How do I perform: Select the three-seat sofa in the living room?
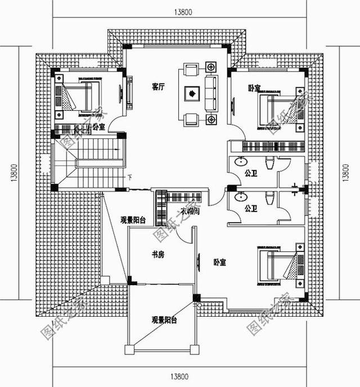[211, 93]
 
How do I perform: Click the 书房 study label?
[158, 255]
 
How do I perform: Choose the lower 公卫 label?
[251, 209]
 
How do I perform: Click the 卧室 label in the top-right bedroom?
[254, 88]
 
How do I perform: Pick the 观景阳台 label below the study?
[164, 320]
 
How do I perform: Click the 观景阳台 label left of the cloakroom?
[133, 220]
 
